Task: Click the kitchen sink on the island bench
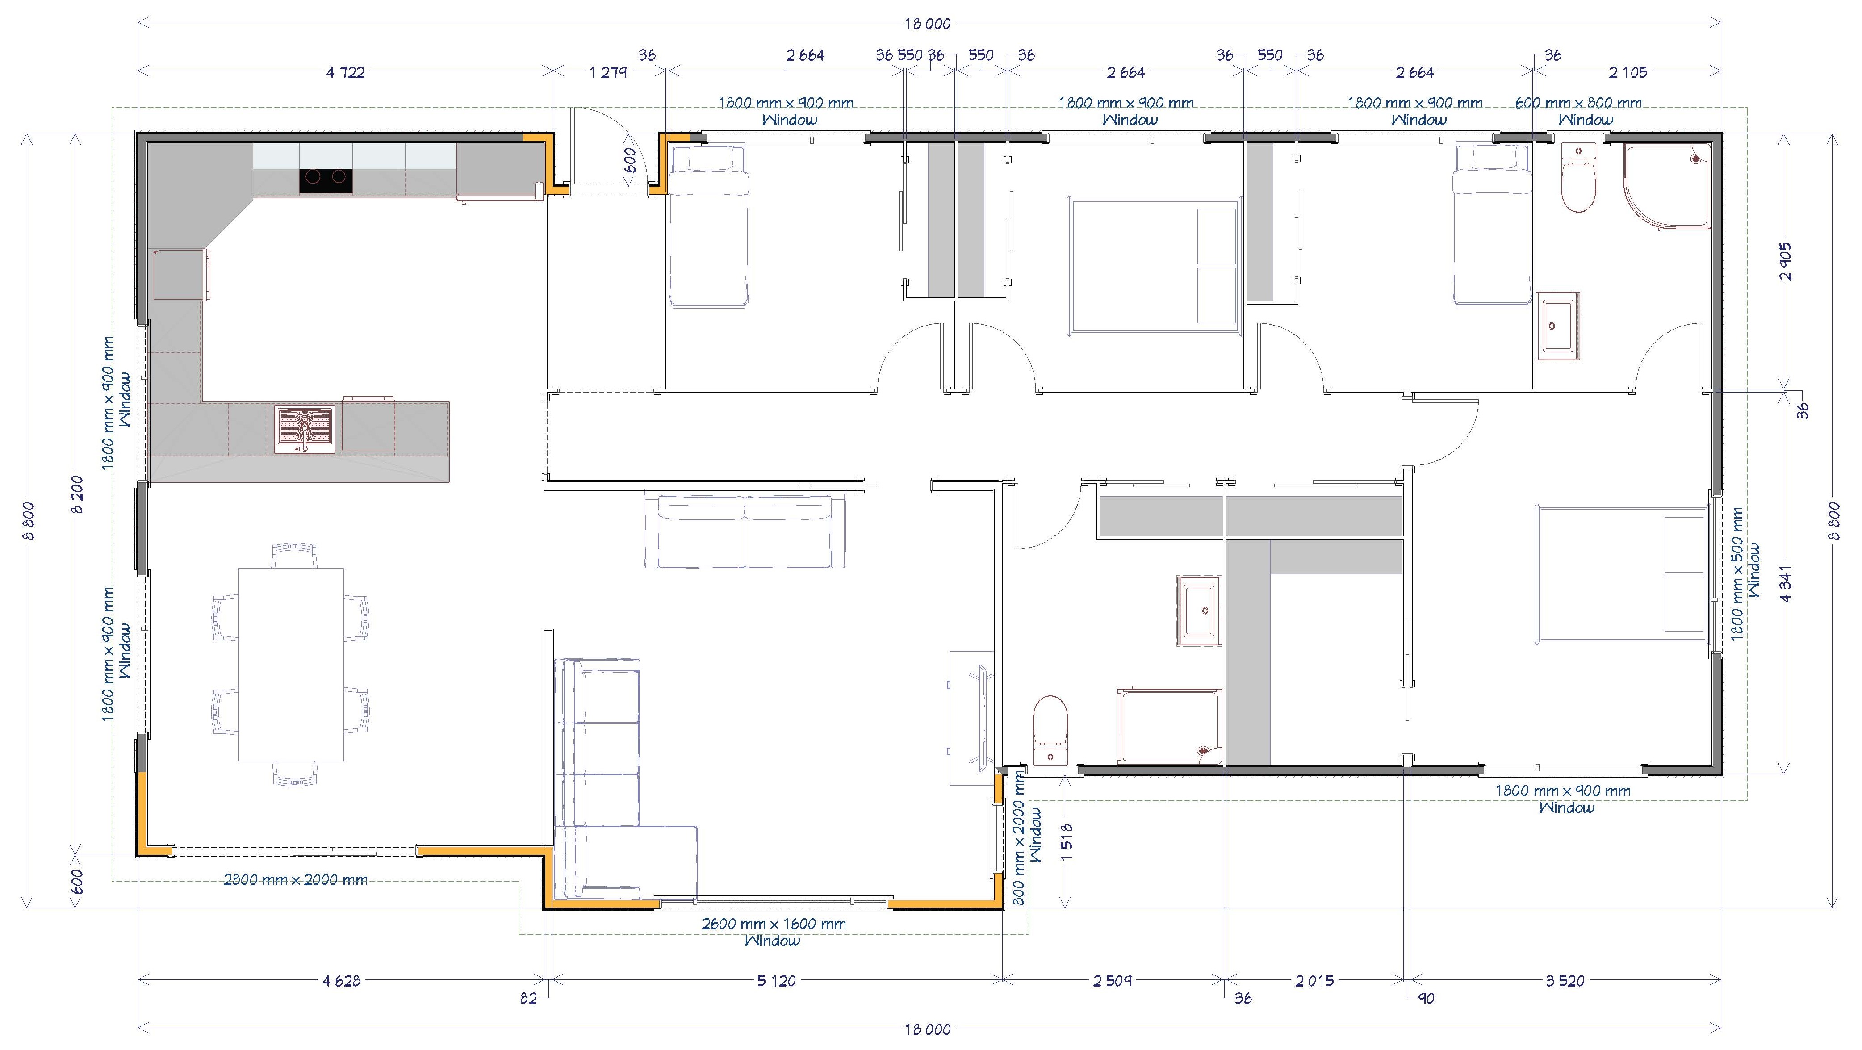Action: (304, 429)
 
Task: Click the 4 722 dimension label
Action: (346, 72)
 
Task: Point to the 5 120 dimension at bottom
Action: (776, 981)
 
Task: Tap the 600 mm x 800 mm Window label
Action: (1579, 111)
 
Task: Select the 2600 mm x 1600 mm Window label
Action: (774, 932)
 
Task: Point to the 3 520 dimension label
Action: (1565, 981)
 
